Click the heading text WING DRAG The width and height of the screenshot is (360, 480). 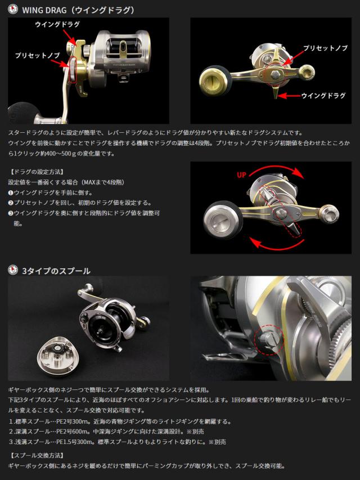point(44,10)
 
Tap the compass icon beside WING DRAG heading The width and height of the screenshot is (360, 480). point(13,9)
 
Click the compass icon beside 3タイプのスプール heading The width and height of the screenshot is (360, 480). point(13,270)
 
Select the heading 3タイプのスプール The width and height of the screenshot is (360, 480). point(56,271)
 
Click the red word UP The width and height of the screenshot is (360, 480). point(241,175)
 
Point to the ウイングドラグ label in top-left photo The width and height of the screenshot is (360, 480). point(57,24)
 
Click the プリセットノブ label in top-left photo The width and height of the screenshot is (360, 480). point(37,55)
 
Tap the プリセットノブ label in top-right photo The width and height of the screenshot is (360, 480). point(326,48)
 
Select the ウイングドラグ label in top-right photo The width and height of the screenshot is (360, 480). point(323,96)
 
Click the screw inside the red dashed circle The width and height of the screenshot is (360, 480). point(269,339)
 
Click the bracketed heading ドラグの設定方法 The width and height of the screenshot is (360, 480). point(37,172)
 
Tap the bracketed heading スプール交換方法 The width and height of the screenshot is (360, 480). point(37,455)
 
